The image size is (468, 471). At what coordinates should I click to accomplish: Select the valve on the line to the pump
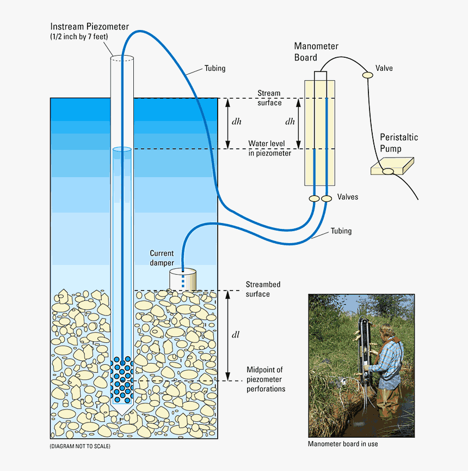tap(368, 75)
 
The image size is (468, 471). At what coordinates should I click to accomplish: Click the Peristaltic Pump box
tap(392, 166)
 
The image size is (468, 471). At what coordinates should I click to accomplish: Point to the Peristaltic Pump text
tap(398, 143)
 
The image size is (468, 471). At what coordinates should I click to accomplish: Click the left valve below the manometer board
tap(314, 199)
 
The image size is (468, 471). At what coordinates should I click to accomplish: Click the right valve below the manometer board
tap(327, 199)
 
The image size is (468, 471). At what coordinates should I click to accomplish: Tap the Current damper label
tap(162, 258)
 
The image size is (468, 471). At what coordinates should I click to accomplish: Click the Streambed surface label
tap(263, 289)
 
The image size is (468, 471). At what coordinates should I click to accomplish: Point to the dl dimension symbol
tap(236, 335)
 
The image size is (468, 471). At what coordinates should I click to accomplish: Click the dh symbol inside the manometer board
tap(290, 122)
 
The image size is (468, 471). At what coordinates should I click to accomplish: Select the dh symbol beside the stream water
tap(236, 122)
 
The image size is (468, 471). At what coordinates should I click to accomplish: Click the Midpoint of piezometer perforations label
tap(266, 379)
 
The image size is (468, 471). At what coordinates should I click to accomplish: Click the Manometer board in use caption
tap(343, 444)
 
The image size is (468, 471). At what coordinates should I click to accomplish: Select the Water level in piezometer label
tap(269, 148)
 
